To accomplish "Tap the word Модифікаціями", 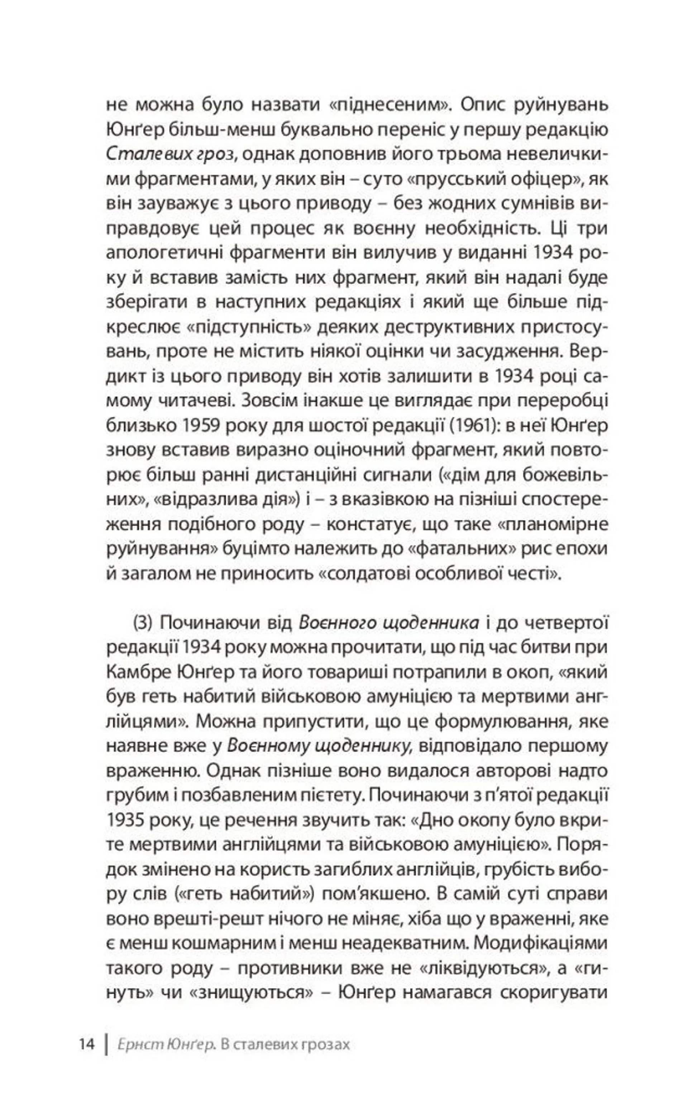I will click(541, 943).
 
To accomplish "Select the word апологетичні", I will click(165, 253).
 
